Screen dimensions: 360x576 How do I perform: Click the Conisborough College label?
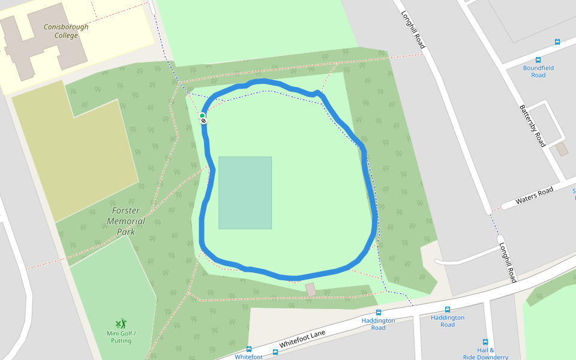tap(66, 31)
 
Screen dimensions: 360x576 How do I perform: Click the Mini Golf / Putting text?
tap(122, 337)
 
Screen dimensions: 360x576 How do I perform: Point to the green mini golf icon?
tap(121, 323)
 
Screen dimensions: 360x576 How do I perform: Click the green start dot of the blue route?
tap(203, 115)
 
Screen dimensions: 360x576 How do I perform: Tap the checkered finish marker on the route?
tap(204, 121)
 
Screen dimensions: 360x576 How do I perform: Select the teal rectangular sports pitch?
tap(245, 193)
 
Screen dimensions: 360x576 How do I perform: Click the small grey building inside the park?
tap(310, 289)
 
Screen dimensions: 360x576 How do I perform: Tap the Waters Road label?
tap(535, 194)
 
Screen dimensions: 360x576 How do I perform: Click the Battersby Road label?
tap(532, 125)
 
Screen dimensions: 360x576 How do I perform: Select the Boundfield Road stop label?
tap(538, 71)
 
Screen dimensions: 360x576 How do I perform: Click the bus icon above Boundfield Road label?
tap(538, 60)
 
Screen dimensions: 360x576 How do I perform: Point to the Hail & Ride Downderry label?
tap(485, 353)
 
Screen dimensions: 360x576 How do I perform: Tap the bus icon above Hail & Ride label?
tap(485, 342)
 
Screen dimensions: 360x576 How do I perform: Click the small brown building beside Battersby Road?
tap(562, 149)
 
